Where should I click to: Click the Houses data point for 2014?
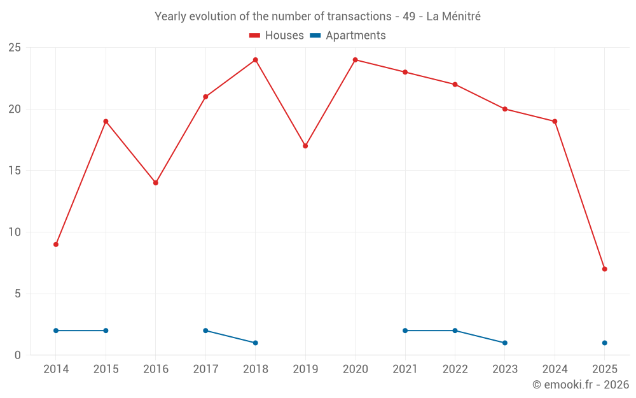pos(56,245)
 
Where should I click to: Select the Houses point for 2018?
pos(255,60)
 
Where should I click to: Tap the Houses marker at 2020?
pos(355,60)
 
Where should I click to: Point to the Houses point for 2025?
pos(604,269)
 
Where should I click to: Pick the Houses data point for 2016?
pos(156,183)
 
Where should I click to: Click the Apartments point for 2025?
pos(604,343)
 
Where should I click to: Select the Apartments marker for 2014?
pos(56,330)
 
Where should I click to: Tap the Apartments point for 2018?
pos(255,343)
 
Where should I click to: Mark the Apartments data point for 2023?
pos(504,343)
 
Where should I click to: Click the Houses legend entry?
pos(277,36)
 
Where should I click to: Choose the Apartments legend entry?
pos(348,36)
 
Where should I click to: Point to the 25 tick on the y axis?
pos(15,48)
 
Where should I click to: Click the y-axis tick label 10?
pos(15,232)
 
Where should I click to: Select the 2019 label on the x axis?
pos(305,369)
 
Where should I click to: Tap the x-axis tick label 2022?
pos(455,369)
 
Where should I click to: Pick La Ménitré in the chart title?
pos(453,17)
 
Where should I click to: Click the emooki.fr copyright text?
pos(581,385)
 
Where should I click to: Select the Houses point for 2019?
pos(305,146)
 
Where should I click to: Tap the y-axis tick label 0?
pos(18,355)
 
